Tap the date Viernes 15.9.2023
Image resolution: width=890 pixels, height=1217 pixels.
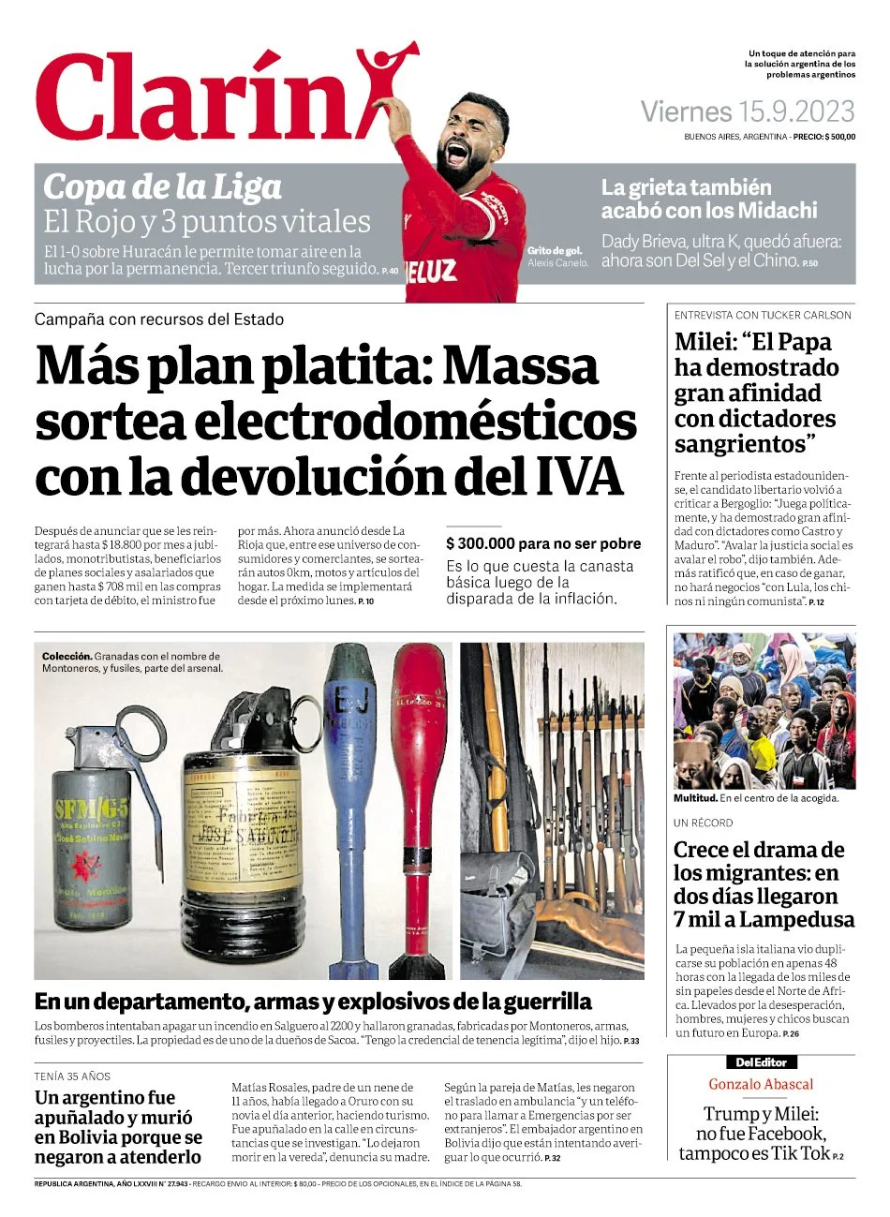click(x=747, y=112)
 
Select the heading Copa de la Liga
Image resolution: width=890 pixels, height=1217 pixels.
click(x=162, y=187)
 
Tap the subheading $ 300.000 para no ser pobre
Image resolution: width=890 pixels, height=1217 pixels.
click(x=543, y=543)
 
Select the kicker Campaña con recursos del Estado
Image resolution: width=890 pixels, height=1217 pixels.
click(x=159, y=319)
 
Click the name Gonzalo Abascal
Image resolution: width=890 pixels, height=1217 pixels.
click(x=761, y=1084)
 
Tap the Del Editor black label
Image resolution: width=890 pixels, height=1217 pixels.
click(x=761, y=1062)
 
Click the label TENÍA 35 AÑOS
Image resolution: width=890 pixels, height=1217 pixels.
click(x=72, y=1076)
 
